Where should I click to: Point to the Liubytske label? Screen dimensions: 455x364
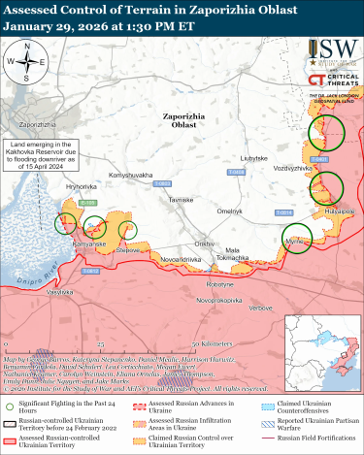[255, 157]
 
